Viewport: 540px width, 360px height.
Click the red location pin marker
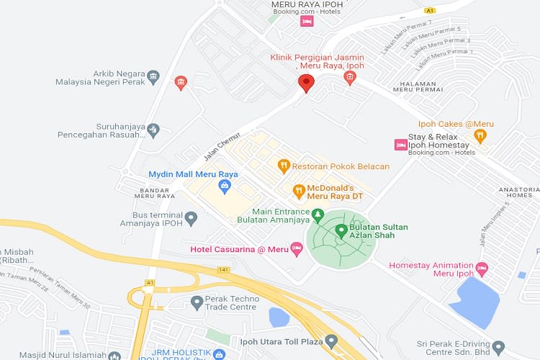(x=306, y=83)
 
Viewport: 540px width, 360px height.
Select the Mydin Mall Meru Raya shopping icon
(x=225, y=187)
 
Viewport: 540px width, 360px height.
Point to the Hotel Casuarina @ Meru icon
(x=295, y=249)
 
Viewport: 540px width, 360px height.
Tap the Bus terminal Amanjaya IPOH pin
(x=191, y=217)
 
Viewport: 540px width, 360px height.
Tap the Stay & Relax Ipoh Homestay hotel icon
(x=400, y=145)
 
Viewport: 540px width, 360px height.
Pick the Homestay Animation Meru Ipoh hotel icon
(x=482, y=269)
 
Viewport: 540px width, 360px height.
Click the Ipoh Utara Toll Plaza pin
(x=331, y=340)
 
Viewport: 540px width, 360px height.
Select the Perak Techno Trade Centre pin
(x=197, y=302)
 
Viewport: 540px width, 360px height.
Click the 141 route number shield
(x=224, y=269)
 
